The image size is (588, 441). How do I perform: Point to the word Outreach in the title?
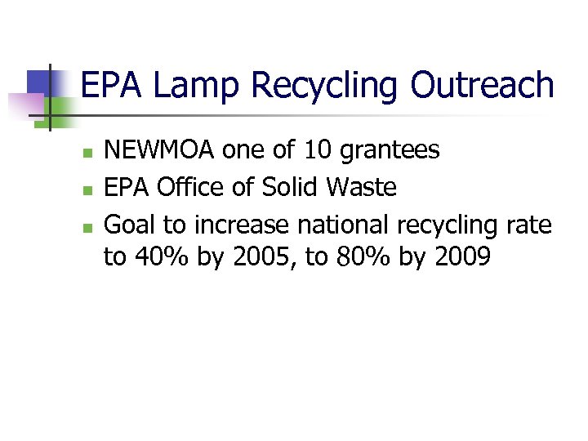[482, 85]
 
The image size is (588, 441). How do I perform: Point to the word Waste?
[362, 188]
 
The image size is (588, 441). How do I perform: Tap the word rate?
[529, 225]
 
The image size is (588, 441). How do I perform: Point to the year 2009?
[463, 259]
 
